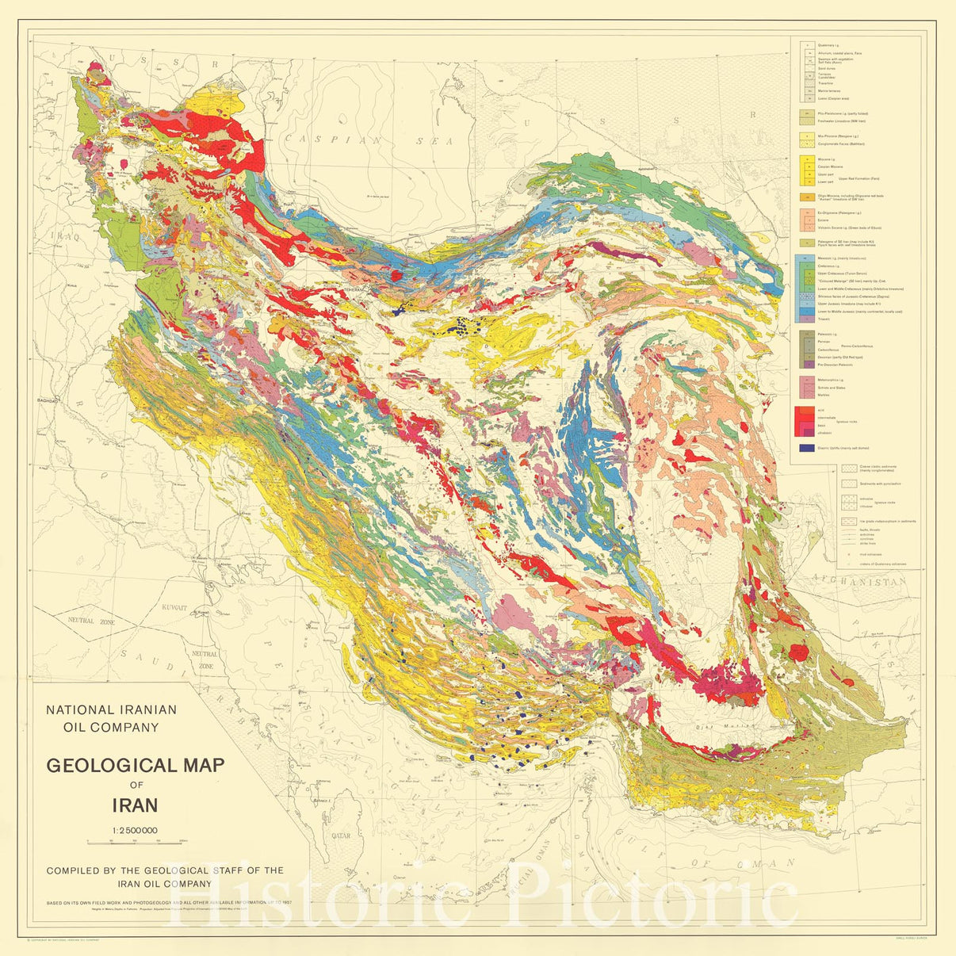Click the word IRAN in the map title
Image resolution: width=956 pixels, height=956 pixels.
click(135, 805)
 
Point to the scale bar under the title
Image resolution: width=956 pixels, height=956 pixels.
click(135, 840)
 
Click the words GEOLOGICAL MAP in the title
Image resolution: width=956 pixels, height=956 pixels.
click(135, 766)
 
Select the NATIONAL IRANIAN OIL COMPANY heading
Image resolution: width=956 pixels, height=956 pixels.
click(112, 718)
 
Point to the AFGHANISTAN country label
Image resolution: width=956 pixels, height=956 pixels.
click(859, 582)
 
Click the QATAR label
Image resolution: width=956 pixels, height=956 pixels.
click(341, 836)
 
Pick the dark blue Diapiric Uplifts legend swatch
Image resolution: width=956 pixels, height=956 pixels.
click(807, 449)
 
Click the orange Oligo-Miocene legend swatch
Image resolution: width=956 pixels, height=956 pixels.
click(807, 197)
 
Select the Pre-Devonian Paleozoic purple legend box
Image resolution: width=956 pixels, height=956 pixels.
click(807, 365)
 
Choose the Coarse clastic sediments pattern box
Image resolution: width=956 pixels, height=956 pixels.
click(849, 468)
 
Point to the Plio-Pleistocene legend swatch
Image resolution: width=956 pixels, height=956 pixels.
click(807, 113)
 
